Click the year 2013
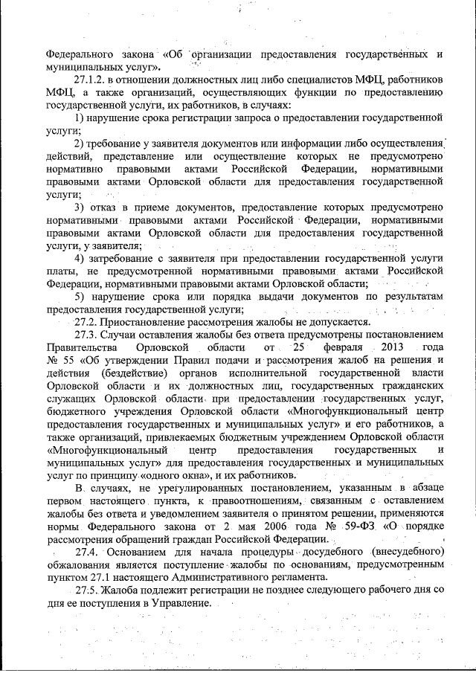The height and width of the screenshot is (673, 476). coord(391,348)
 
